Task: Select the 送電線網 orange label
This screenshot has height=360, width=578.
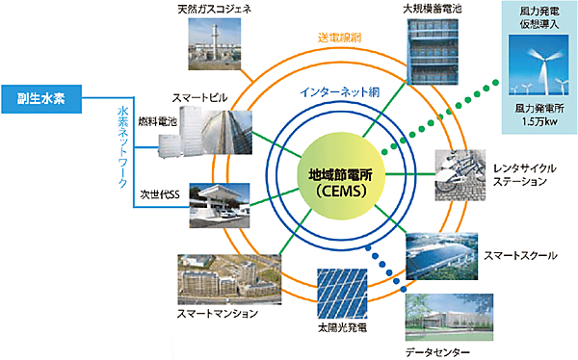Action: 340,38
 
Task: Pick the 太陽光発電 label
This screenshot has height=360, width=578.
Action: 345,329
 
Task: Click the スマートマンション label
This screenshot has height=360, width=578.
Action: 218,313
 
